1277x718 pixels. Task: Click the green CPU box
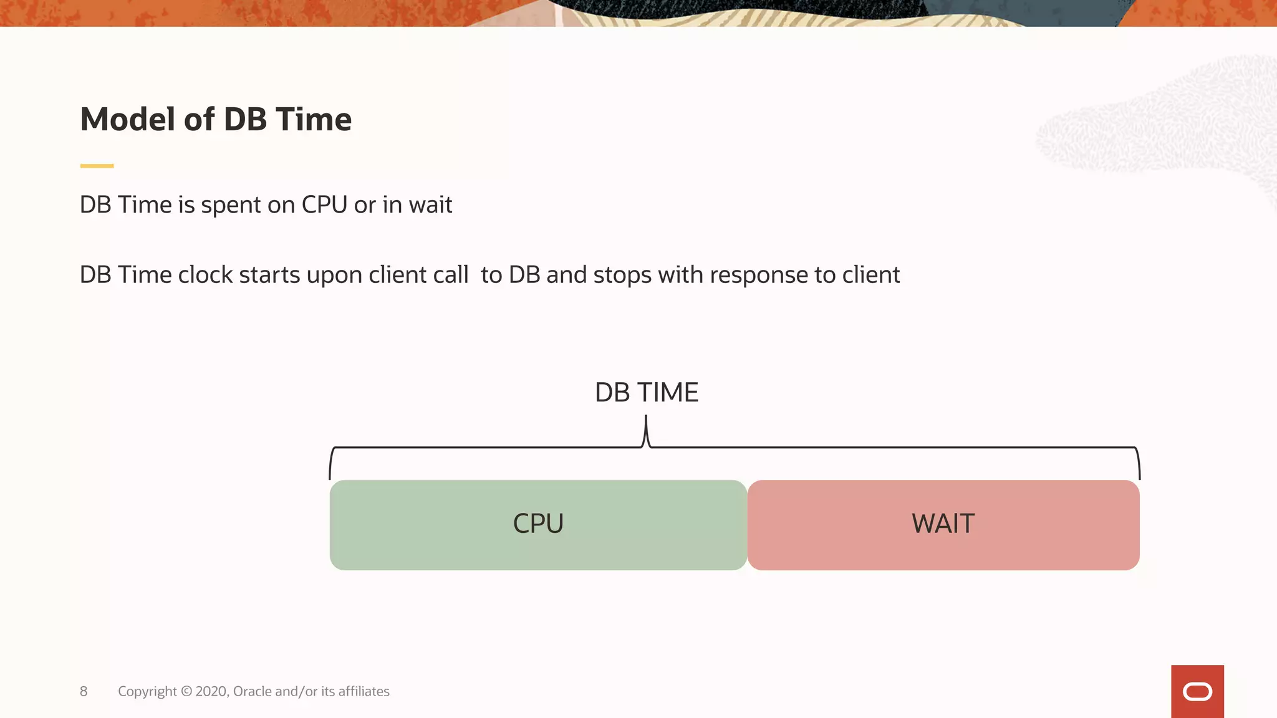tap(538, 525)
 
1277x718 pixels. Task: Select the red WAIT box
tap(943, 525)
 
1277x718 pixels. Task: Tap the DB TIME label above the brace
tap(647, 393)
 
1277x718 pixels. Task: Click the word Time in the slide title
tap(313, 120)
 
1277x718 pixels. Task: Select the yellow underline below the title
tap(97, 166)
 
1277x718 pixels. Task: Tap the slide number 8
tap(84, 691)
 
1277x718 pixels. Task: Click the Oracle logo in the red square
tap(1197, 692)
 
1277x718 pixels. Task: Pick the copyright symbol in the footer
tap(186, 691)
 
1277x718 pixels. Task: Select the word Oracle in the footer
tap(252, 691)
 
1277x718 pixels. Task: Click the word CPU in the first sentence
tap(324, 205)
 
